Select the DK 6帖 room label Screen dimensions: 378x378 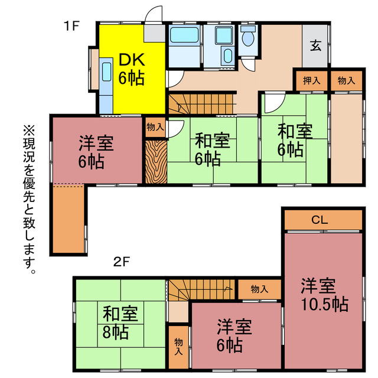[x=131, y=69]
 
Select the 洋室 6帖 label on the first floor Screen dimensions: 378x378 [x=97, y=151]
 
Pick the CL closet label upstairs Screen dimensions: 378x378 [x=320, y=220]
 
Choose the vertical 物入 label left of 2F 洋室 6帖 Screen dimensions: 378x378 [x=178, y=347]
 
